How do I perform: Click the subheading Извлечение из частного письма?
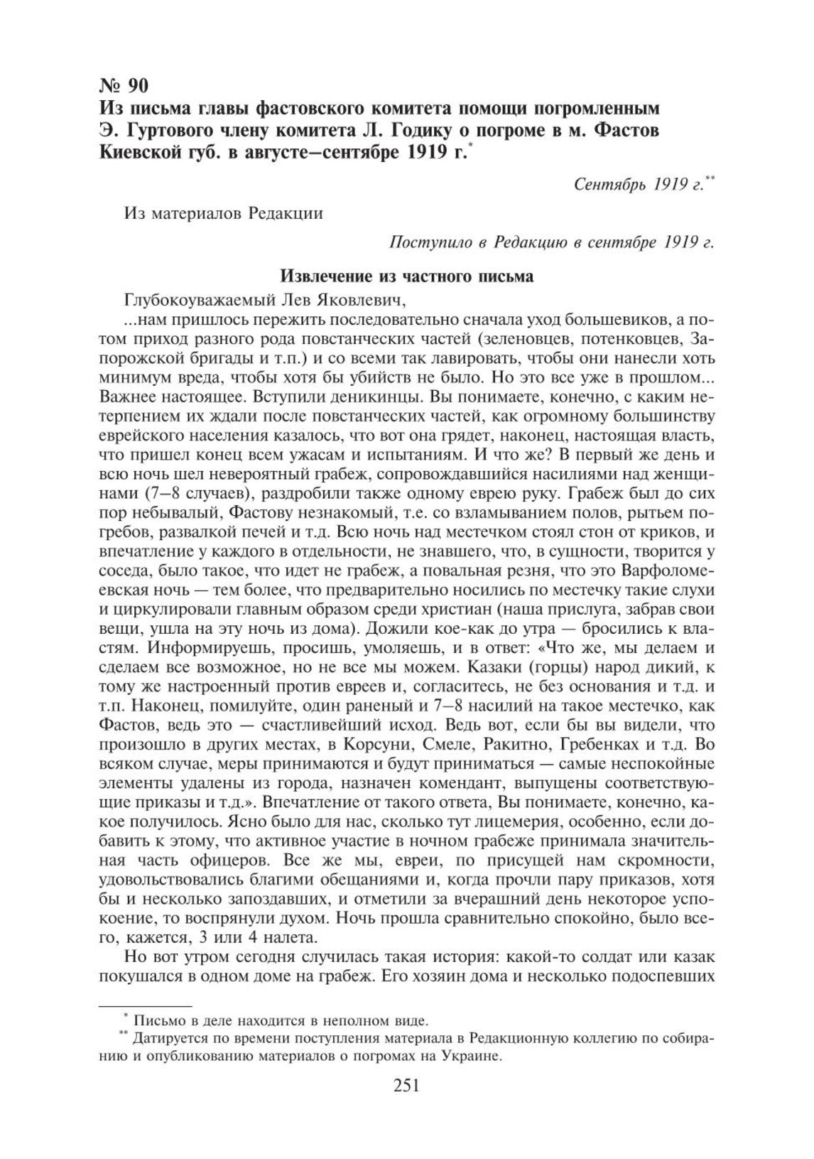(406, 276)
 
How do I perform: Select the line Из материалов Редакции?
(223, 213)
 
